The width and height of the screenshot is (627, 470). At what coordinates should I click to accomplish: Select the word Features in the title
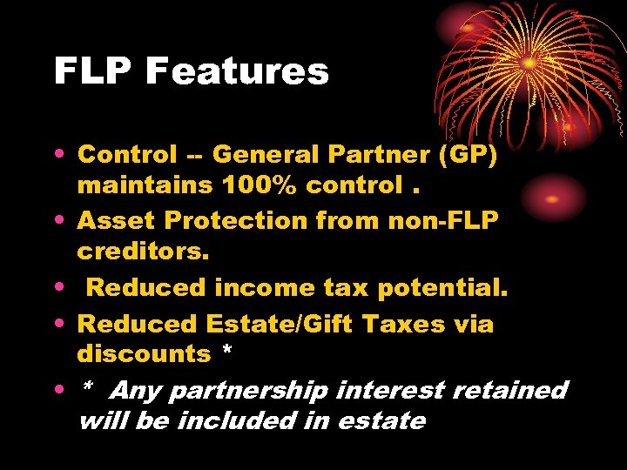237,71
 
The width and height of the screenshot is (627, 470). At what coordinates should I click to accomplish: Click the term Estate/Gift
279,324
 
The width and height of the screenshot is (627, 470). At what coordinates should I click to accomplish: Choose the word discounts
144,354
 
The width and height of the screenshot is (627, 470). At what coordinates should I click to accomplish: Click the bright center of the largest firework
529,63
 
